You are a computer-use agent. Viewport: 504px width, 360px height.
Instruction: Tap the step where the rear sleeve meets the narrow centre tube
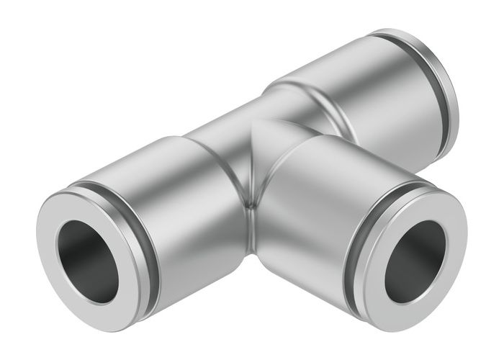point(277,94)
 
